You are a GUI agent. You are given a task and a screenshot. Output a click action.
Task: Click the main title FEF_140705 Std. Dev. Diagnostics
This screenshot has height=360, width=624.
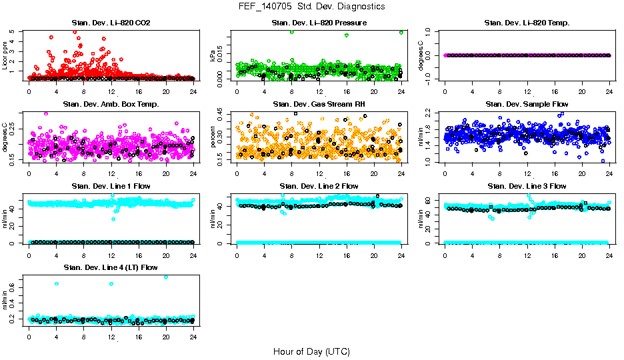(x=311, y=7)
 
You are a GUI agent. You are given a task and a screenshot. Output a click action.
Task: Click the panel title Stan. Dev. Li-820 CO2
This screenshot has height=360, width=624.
(x=111, y=23)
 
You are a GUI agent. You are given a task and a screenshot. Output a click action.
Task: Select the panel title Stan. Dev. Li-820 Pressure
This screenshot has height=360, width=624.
(x=319, y=23)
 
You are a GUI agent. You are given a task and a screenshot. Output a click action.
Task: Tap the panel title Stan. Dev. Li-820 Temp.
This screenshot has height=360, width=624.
(x=527, y=23)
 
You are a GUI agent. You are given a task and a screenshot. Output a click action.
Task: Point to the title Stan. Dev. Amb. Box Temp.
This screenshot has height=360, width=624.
(x=111, y=104)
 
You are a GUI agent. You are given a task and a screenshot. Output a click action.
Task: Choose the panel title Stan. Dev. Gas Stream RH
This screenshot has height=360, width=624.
(x=319, y=104)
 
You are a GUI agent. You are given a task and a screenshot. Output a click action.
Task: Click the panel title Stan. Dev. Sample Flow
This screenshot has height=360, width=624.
(x=527, y=104)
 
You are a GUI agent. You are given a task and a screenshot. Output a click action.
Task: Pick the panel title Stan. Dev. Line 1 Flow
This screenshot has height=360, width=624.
(x=111, y=186)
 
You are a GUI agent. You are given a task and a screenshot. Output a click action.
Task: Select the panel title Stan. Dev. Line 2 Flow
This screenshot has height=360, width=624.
(x=319, y=186)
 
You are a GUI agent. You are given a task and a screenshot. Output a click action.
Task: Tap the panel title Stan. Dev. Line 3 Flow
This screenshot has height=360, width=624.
(x=527, y=186)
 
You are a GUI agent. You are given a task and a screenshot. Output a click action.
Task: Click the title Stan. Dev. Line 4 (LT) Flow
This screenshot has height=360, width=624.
(x=111, y=267)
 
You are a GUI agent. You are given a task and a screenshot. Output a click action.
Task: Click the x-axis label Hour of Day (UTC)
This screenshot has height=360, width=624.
(x=311, y=351)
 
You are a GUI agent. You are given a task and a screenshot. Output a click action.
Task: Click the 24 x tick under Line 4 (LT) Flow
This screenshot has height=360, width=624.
(x=193, y=337)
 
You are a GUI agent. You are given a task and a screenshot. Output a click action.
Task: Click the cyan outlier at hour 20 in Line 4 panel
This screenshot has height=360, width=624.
(x=166, y=277)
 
